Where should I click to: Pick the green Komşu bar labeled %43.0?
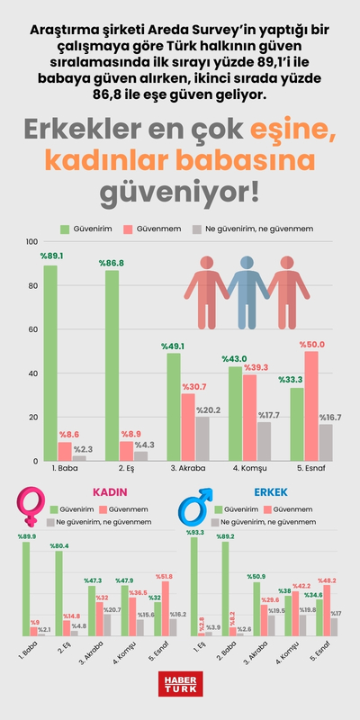[x=235, y=413]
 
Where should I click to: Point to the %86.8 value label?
[x=112, y=263]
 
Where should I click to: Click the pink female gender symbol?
[x=33, y=507]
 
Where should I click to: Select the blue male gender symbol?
[x=197, y=508]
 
